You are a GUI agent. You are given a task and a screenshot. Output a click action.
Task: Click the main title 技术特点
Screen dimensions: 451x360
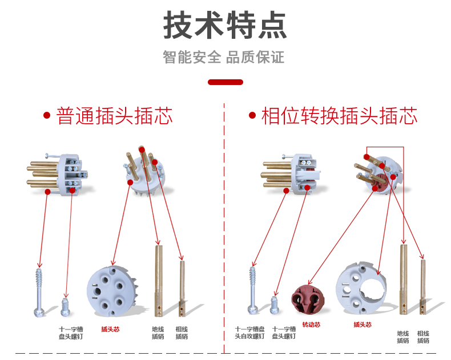pyautogui.click(x=225, y=25)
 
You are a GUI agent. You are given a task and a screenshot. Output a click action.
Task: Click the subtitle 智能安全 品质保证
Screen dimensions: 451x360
pyautogui.click(x=223, y=57)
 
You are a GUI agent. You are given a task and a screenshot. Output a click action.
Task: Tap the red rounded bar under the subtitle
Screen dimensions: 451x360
pyautogui.click(x=226, y=82)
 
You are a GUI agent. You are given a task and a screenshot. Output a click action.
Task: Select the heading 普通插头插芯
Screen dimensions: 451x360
pyautogui.click(x=115, y=116)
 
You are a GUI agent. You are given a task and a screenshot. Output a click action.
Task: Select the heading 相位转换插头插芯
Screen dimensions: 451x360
pyautogui.click(x=340, y=116)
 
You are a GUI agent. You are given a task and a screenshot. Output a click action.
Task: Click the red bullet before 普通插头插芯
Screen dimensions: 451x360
pyautogui.click(x=47, y=116)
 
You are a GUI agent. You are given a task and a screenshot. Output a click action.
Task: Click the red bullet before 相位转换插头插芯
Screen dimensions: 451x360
pyautogui.click(x=252, y=115)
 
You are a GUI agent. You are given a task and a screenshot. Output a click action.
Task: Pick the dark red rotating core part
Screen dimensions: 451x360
pyautogui.click(x=308, y=300)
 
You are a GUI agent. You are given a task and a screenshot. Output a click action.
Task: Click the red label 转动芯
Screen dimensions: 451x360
pyautogui.click(x=311, y=325)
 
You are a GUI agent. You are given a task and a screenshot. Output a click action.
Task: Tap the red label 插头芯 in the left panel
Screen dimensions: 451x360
pyautogui.click(x=110, y=329)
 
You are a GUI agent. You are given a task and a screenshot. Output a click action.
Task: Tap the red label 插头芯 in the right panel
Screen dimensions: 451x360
pyautogui.click(x=363, y=325)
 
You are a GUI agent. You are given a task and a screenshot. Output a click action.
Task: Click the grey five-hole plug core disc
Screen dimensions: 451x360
pyautogui.click(x=111, y=291)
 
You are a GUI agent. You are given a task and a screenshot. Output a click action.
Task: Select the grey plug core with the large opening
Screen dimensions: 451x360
pyautogui.click(x=361, y=288)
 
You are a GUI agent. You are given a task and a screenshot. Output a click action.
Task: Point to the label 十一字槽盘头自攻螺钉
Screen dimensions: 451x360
pyautogui.click(x=249, y=333)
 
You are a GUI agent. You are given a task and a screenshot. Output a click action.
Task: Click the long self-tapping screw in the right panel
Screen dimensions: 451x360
pyautogui.click(x=252, y=290)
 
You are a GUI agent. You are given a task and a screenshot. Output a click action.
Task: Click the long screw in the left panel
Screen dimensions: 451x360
pyautogui.click(x=39, y=293)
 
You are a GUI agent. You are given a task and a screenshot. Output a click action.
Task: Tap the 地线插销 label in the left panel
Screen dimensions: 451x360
pyautogui.click(x=158, y=333)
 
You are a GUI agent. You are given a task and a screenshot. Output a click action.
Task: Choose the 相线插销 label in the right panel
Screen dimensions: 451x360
pyautogui.click(x=423, y=337)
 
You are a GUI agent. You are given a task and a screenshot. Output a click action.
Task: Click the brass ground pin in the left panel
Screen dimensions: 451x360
pyautogui.click(x=159, y=281)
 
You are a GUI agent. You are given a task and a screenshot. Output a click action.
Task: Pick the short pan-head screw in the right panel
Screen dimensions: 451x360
pyautogui.click(x=275, y=305)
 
